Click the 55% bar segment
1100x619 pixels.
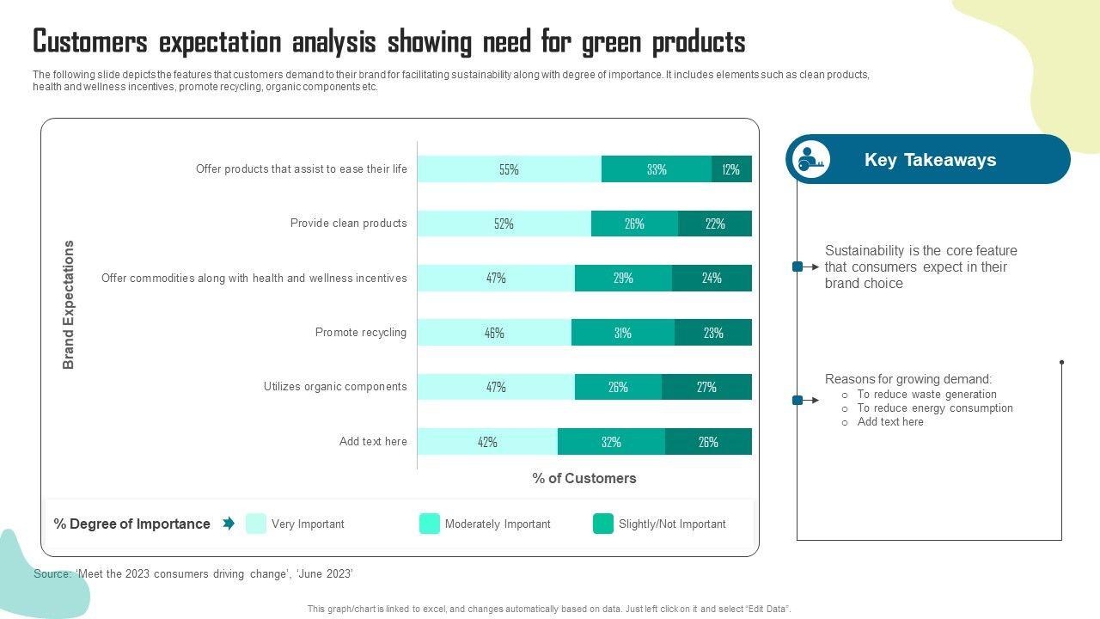[509, 169]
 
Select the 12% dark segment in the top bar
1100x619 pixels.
[731, 169]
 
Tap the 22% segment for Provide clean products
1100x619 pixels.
[715, 224]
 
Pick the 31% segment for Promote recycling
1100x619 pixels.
[623, 333]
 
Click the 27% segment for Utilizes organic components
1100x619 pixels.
[706, 387]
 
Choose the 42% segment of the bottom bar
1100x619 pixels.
[487, 442]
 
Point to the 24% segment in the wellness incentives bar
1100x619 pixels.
[712, 279]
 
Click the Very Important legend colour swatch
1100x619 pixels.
[256, 524]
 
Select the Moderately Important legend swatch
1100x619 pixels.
[430, 524]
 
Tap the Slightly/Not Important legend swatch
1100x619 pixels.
[603, 524]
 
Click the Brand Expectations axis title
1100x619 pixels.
[69, 305]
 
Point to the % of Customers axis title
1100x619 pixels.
[584, 479]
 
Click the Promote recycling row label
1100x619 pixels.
[361, 333]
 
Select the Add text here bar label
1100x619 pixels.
[373, 442]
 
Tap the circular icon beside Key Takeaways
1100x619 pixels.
[810, 160]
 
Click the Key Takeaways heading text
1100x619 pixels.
[930, 160]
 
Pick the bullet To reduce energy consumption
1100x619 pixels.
[935, 408]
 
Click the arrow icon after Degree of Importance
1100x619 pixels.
[229, 524]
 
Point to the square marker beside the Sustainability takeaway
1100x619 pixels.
[797, 267]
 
